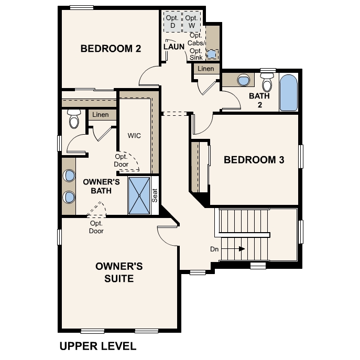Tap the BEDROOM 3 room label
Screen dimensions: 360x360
click(x=254, y=160)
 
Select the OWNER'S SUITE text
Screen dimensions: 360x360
click(x=118, y=272)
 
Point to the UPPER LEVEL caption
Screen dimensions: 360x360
click(x=98, y=346)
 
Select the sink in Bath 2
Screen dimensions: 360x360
click(x=244, y=80)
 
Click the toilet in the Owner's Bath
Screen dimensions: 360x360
click(x=73, y=120)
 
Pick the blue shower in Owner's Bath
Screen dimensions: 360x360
click(x=139, y=195)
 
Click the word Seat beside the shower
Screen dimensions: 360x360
click(x=155, y=195)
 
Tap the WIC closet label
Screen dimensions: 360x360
click(x=135, y=135)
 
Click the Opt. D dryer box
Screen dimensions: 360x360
click(x=171, y=21)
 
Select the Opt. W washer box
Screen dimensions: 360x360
click(x=191, y=21)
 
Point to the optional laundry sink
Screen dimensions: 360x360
click(x=212, y=54)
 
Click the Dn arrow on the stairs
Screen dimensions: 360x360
click(x=240, y=249)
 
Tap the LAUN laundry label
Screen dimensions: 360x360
click(x=173, y=47)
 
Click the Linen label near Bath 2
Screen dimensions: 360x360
click(x=206, y=69)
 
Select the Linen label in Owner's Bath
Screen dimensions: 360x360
click(x=101, y=115)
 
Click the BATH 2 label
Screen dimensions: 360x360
click(x=259, y=100)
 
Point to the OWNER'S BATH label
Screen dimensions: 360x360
click(x=102, y=186)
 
